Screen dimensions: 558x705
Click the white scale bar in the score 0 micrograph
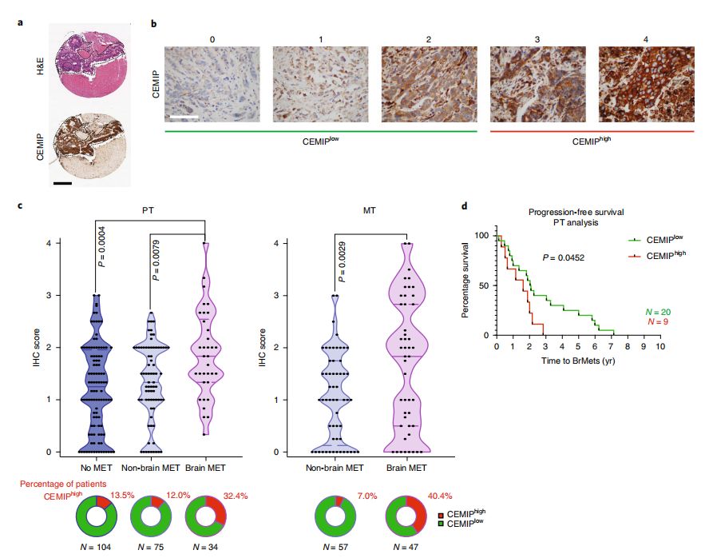tap(183, 118)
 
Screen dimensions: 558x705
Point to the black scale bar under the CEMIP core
tap(63, 183)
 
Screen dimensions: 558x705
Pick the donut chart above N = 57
tap(334, 515)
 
